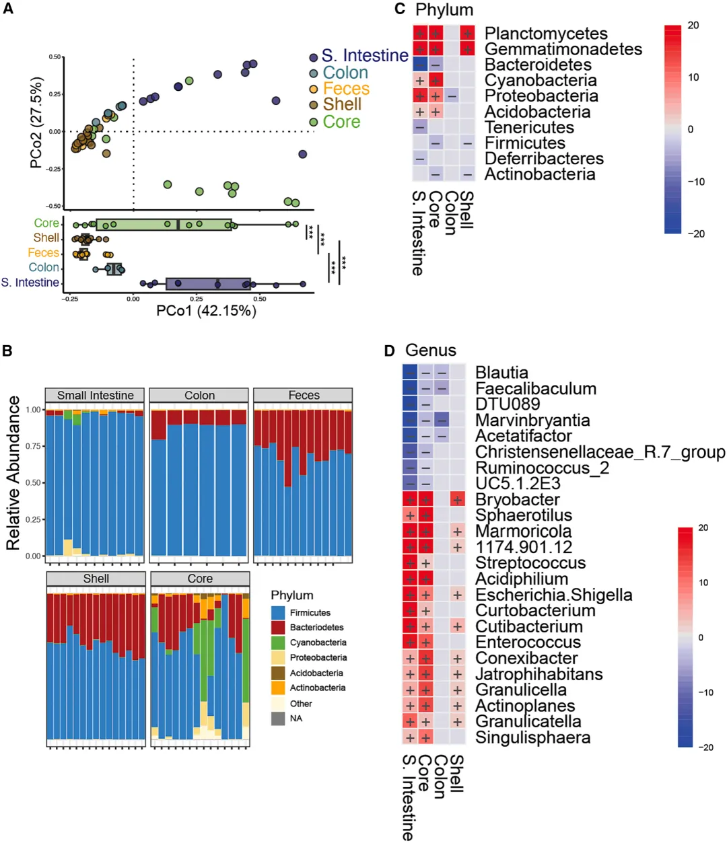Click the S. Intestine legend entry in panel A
pos(364,56)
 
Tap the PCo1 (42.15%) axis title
pos(206,311)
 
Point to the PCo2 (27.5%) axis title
pos(36,122)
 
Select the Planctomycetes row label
pos(545,34)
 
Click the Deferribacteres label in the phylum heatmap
pos(544,159)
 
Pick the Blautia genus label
pos(501,373)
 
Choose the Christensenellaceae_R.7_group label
pos(600,452)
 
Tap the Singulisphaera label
pos(532,738)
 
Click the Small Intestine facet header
pos(95,396)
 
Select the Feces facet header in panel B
pos(304,396)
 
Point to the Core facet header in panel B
pos(200,579)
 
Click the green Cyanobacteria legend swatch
pos(278,643)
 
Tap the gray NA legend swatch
pos(278,719)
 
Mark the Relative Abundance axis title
pos(13,473)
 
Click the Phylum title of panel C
pos(444,10)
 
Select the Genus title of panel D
pos(430,351)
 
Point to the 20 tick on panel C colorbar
pos(693,26)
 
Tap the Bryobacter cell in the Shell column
pos(458,500)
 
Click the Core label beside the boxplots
pos(46,223)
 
